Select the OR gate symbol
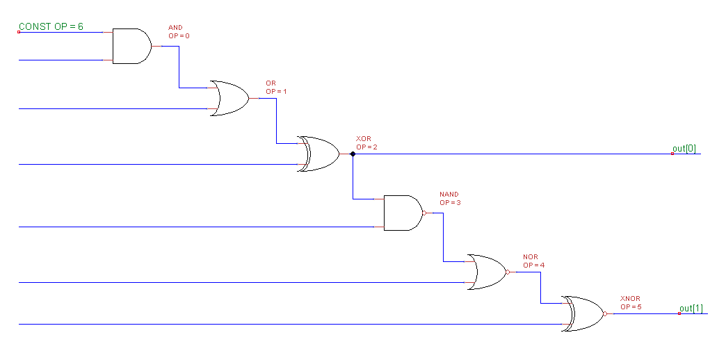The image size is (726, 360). click(x=229, y=99)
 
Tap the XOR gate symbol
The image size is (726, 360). click(x=319, y=154)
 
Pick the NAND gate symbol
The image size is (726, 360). click(x=403, y=213)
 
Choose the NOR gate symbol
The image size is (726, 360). click(x=487, y=272)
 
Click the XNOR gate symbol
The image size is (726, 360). click(x=583, y=313)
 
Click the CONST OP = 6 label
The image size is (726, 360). click(x=51, y=26)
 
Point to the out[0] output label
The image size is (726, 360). click(x=684, y=148)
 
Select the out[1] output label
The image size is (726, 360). click(x=691, y=308)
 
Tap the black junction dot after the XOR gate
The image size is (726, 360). click(x=353, y=154)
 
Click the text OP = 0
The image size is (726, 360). click(x=179, y=35)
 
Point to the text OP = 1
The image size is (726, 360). click(x=276, y=91)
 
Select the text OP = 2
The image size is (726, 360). click(x=366, y=147)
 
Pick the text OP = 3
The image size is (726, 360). click(x=450, y=202)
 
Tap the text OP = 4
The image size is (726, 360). click(x=533, y=265)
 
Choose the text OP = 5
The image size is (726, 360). click(x=631, y=306)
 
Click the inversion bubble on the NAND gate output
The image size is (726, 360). click(x=423, y=213)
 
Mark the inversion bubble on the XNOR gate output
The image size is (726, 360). click(x=605, y=313)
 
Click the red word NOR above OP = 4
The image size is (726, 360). click(x=530, y=257)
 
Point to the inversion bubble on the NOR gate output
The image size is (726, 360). click(x=508, y=272)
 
